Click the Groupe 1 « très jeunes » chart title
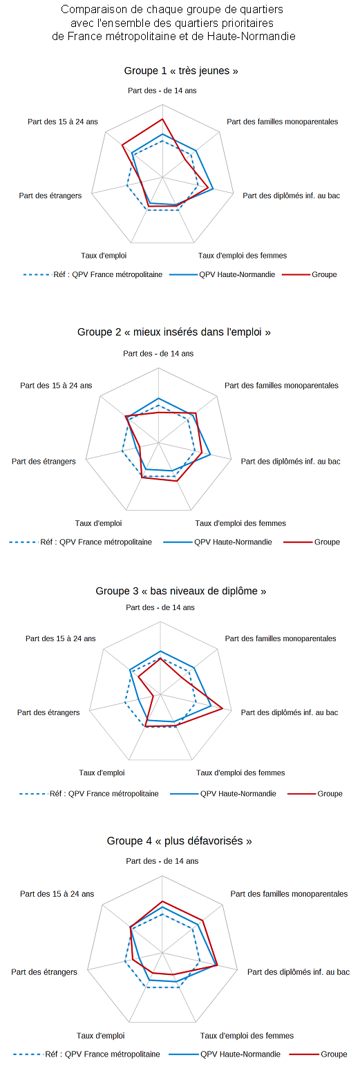181,71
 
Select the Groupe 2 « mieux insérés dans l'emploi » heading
174,332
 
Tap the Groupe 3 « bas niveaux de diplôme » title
181,591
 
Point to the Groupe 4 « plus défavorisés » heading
179,841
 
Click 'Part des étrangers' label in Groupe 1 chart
50,196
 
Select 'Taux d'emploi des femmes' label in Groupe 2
240,523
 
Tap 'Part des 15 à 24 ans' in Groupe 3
61,639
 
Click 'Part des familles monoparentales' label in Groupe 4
289,894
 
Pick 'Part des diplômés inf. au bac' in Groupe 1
291,196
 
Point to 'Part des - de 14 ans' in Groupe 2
158,353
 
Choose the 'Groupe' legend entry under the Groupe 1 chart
310,275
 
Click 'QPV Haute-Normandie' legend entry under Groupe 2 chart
218,542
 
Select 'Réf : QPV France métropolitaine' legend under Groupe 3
89,794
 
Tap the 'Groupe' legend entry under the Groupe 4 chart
319,1054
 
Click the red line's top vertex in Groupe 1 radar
162,119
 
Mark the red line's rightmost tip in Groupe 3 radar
222,708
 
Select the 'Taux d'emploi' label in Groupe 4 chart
101,1036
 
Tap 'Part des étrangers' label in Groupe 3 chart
48,712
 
